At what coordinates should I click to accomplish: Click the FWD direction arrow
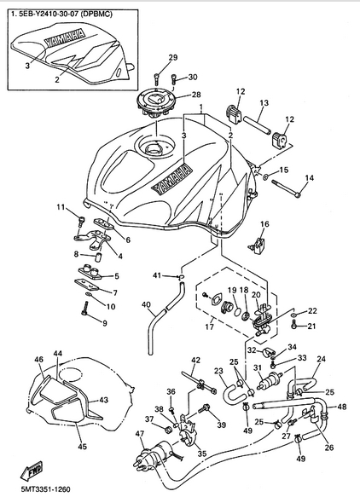click(x=31, y=470)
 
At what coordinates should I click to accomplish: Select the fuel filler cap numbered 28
click(x=155, y=102)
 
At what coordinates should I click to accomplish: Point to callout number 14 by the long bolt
click(x=310, y=178)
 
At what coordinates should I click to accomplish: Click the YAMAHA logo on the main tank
click(x=171, y=179)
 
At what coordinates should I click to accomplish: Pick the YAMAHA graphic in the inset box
click(x=65, y=38)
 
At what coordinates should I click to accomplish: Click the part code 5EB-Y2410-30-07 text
click(x=48, y=14)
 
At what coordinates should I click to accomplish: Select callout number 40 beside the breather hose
click(x=146, y=305)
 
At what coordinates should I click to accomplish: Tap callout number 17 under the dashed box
click(x=209, y=327)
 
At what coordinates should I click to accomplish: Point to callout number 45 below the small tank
click(x=82, y=447)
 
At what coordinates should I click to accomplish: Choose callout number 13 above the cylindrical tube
click(x=264, y=102)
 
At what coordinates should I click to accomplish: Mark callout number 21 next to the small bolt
click(x=311, y=326)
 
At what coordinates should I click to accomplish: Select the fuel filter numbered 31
click(x=270, y=380)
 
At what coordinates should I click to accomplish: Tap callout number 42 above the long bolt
click(x=195, y=361)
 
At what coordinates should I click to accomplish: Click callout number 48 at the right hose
click(x=341, y=407)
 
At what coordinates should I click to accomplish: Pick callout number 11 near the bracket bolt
click(x=61, y=207)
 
